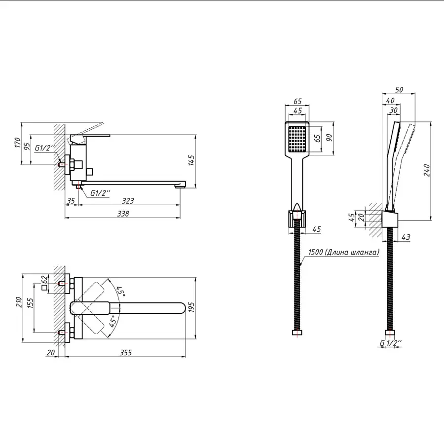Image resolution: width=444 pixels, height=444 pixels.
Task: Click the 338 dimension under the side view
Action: coord(123,214)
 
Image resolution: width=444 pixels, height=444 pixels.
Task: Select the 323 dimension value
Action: coord(127,201)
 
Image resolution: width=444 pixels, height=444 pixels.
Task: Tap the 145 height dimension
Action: coord(192,161)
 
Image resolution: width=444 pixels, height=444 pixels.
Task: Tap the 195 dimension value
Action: coord(192,307)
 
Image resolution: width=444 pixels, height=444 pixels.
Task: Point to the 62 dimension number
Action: coord(43,280)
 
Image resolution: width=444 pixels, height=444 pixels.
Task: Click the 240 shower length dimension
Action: coord(427,170)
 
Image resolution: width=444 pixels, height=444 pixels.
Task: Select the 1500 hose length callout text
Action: coord(343,252)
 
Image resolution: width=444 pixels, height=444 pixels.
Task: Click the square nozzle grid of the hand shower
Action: coord(298,138)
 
